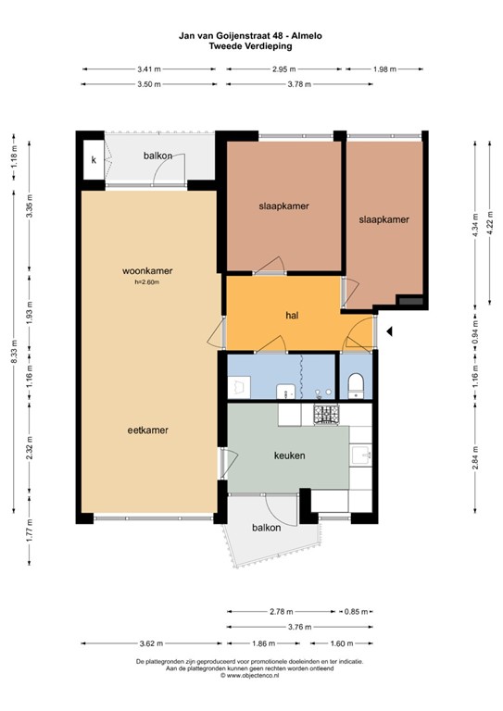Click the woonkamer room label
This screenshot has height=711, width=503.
coord(148,271)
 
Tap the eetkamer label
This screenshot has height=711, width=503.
coord(147,430)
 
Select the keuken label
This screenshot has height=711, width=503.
coord(289,455)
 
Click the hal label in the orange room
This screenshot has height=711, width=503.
coord(291,316)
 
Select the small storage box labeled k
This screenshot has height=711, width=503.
coord(93,160)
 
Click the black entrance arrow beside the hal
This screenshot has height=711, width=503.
coord(390,331)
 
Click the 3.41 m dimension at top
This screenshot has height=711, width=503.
coord(148,69)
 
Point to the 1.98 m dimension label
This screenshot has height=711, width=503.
coord(385,69)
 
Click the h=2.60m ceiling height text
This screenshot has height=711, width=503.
coord(148,282)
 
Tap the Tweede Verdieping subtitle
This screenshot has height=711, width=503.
coord(251,46)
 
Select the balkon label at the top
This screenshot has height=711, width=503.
coord(157,156)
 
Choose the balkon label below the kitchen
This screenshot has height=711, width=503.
coord(266,528)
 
